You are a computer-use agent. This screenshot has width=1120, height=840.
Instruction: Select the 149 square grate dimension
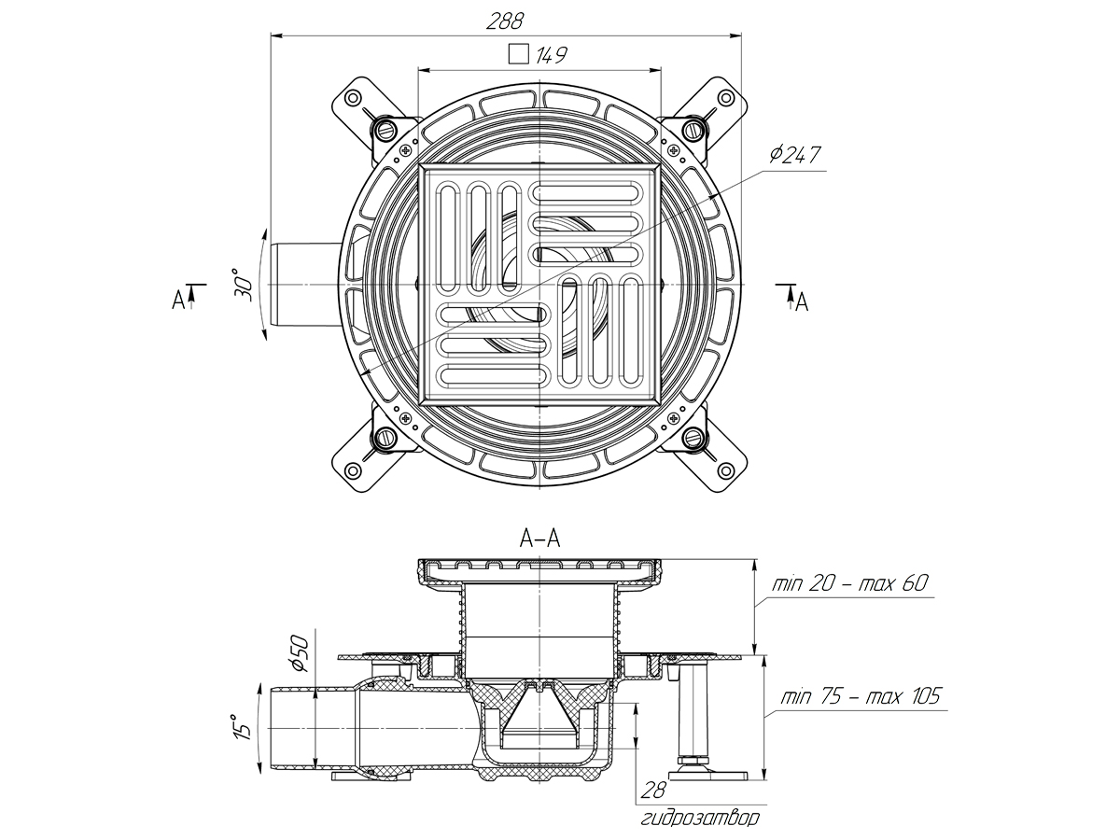[x=552, y=56]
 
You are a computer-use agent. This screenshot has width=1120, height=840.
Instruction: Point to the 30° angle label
[x=245, y=284]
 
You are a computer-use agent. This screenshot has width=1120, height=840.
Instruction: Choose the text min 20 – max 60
[x=849, y=585]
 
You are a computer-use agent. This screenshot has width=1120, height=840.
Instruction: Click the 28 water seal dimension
[x=653, y=791]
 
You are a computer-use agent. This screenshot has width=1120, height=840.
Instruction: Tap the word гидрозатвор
[x=700, y=819]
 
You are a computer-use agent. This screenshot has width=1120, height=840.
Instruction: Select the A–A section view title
[x=539, y=538]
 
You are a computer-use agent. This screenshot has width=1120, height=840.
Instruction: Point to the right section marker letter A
[x=801, y=301]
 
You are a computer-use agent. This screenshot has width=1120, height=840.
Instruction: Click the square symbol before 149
[x=518, y=54]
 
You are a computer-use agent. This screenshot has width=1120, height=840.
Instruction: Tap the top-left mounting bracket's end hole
[x=353, y=98]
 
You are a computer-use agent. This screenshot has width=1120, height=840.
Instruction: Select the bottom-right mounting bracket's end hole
[x=726, y=469]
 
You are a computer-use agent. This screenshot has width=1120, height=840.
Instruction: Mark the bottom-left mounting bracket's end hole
[x=353, y=469]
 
